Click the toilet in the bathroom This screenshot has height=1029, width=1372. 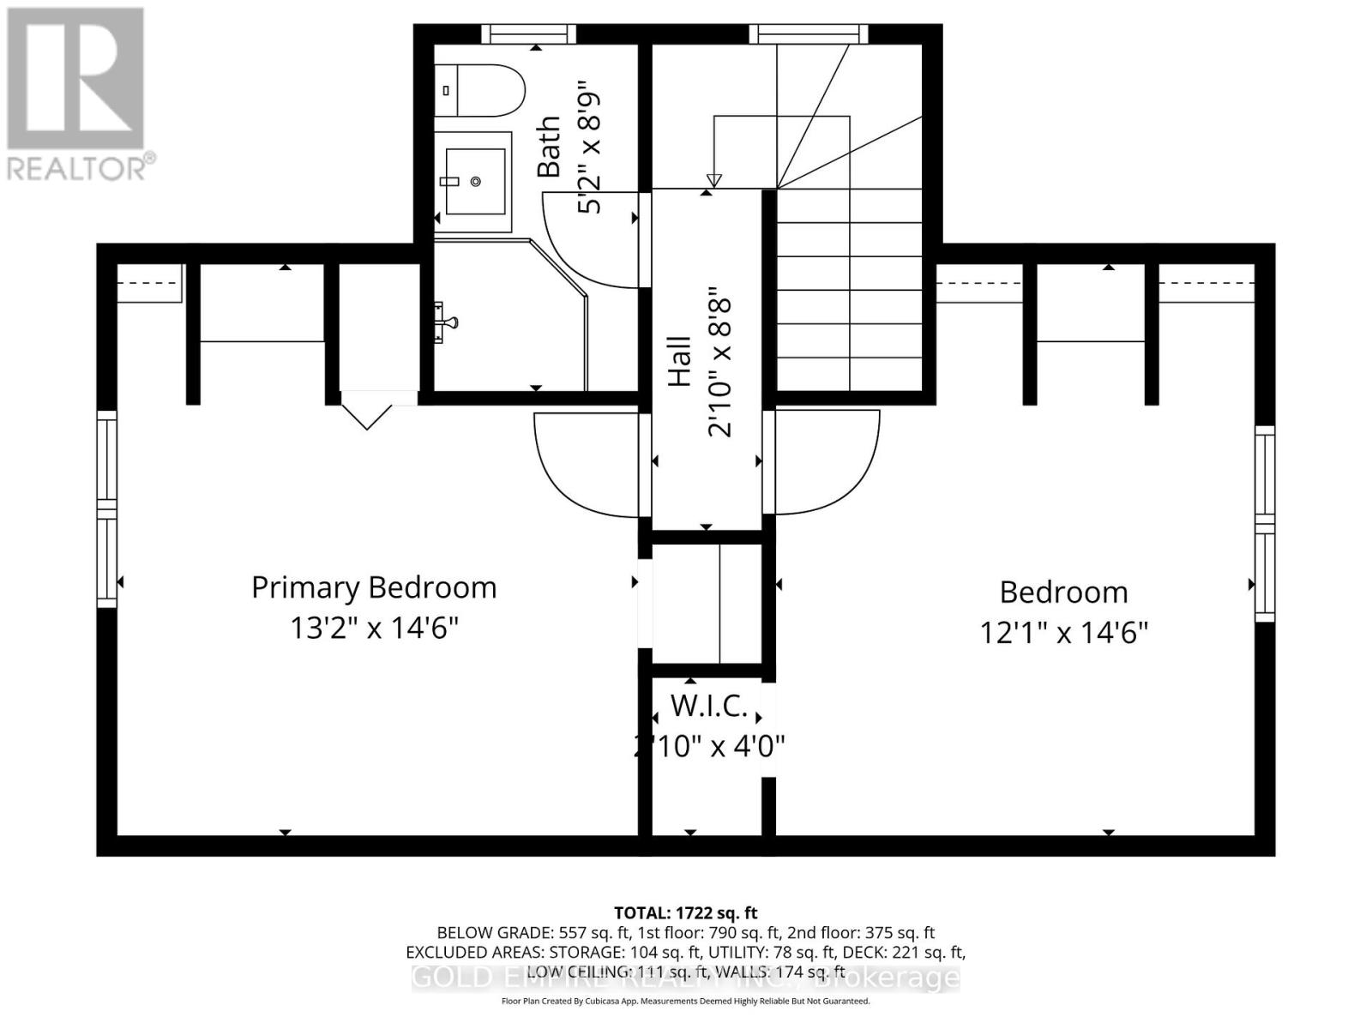(x=480, y=90)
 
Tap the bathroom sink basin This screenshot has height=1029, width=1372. (x=474, y=182)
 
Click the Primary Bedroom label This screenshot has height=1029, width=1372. (x=374, y=588)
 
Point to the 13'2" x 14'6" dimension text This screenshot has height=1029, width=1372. (x=374, y=629)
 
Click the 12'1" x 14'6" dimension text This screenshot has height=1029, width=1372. (x=1063, y=634)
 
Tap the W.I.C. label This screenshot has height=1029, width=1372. (x=708, y=707)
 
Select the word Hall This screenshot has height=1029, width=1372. (x=679, y=361)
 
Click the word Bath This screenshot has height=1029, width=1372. (x=549, y=147)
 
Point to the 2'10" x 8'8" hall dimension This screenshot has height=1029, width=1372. (x=720, y=367)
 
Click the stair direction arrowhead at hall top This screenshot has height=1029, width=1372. (x=713, y=180)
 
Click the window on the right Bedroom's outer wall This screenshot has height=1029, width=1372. (x=1264, y=523)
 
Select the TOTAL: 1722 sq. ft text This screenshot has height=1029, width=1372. (x=685, y=913)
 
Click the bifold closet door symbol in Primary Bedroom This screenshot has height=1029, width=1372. (x=368, y=415)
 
